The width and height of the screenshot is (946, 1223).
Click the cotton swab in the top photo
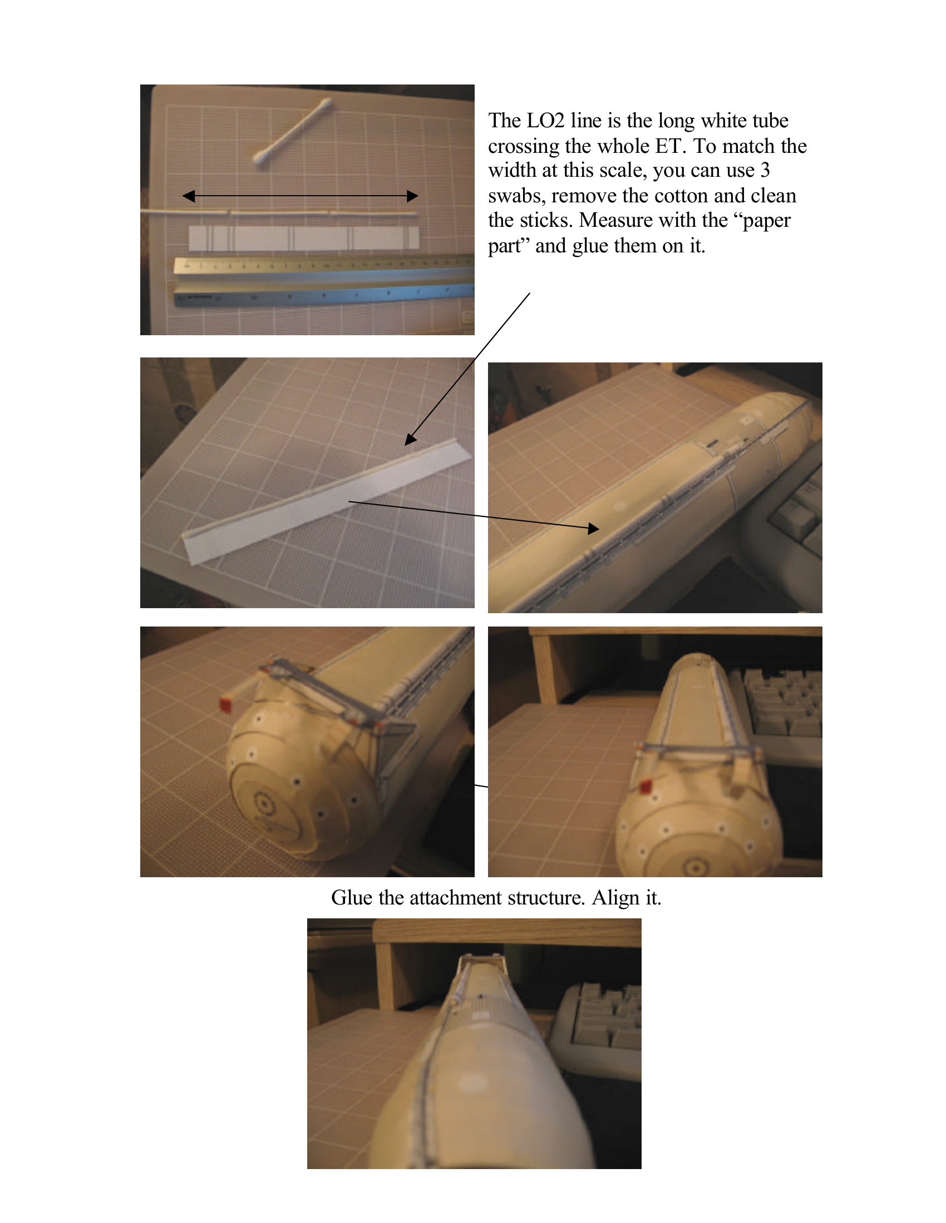(x=293, y=133)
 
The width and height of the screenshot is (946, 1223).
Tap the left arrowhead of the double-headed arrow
(x=189, y=196)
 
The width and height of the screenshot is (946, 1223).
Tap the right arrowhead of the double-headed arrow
(x=412, y=196)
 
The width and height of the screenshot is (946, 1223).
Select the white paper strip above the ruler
(x=303, y=238)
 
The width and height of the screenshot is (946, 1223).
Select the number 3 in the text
(x=765, y=170)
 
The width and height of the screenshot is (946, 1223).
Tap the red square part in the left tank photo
(x=225, y=705)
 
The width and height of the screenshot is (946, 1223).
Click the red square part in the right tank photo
(x=646, y=786)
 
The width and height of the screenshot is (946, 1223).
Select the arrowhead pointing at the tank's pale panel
(x=594, y=529)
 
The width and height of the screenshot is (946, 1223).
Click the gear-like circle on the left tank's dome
(x=262, y=804)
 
